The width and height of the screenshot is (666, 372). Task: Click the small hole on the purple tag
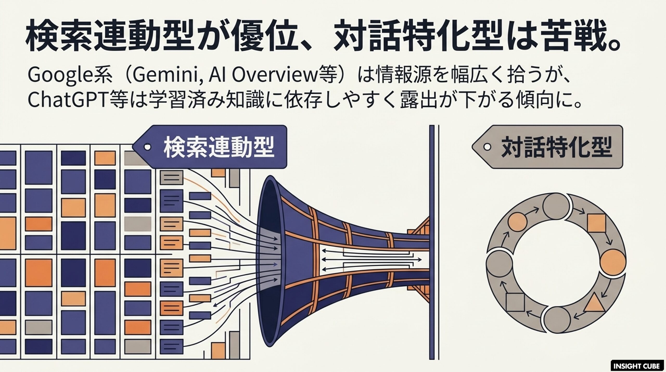click(148, 147)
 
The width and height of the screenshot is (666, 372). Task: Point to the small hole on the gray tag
click(487, 147)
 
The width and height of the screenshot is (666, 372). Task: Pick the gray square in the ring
click(515, 302)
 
